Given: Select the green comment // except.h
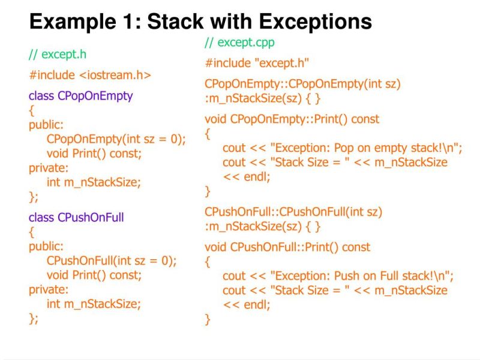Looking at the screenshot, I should (x=58, y=55).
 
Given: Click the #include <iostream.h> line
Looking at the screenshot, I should (x=89, y=75).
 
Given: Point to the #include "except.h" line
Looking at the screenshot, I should (x=257, y=63).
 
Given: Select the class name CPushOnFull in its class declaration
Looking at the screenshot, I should (x=91, y=217).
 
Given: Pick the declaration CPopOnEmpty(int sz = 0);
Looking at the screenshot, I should (x=116, y=139).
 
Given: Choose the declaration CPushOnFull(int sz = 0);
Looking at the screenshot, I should (x=112, y=261).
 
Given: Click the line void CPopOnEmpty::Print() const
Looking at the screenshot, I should (x=292, y=119).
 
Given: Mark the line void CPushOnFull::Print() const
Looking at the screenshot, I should (x=287, y=247).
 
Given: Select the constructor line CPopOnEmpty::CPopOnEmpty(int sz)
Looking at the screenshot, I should (x=302, y=84).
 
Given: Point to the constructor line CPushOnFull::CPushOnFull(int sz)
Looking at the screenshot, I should (x=293, y=212).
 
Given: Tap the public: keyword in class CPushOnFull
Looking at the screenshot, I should (x=46, y=246).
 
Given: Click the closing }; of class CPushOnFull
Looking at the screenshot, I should (x=33, y=319).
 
